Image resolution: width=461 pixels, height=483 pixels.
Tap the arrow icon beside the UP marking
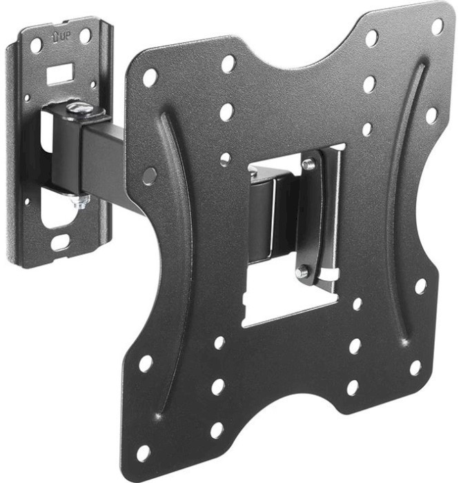pyautogui.click(x=55, y=38)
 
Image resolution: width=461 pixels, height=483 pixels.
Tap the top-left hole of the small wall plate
pyautogui.click(x=37, y=46)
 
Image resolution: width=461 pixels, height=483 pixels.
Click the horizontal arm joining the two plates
pyautogui.click(x=104, y=160)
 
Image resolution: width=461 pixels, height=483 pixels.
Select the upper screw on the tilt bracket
pyautogui.click(x=308, y=164)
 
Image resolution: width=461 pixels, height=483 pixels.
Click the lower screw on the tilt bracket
pyautogui.click(x=302, y=271)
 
